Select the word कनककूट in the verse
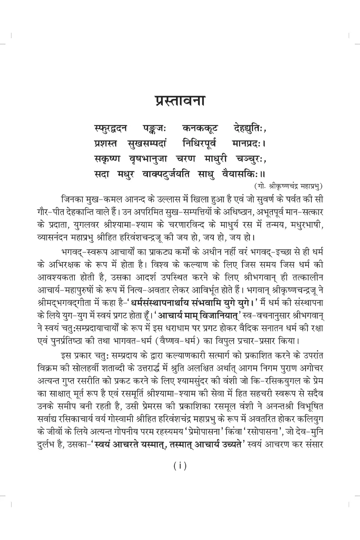pyautogui.click(x=197, y=128)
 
